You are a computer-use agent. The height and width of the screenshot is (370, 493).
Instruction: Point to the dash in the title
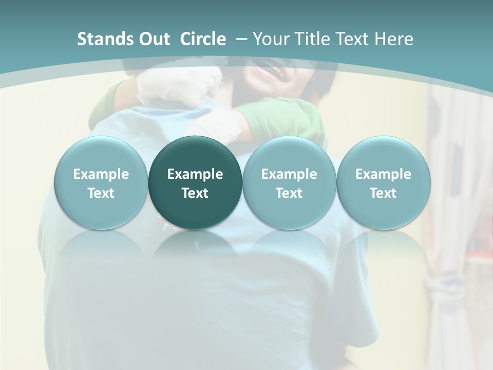pyautogui.click(x=241, y=40)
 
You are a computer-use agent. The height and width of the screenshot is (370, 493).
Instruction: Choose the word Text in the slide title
pyautogui.click(x=355, y=39)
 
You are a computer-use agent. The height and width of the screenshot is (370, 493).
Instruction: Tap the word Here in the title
pyautogui.click(x=395, y=39)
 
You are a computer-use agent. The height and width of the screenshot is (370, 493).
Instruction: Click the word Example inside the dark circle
pyautogui.click(x=195, y=174)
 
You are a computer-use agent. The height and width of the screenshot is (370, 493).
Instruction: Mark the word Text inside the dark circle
pyautogui.click(x=195, y=193)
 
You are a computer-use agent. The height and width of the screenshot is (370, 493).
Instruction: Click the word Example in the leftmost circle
pyautogui.click(x=101, y=174)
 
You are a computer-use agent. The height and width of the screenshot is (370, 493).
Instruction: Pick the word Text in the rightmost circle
pyautogui.click(x=383, y=193)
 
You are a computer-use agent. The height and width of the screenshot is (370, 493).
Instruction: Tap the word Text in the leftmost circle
pyautogui.click(x=101, y=193)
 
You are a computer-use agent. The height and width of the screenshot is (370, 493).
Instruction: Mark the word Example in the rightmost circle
pyautogui.click(x=383, y=174)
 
